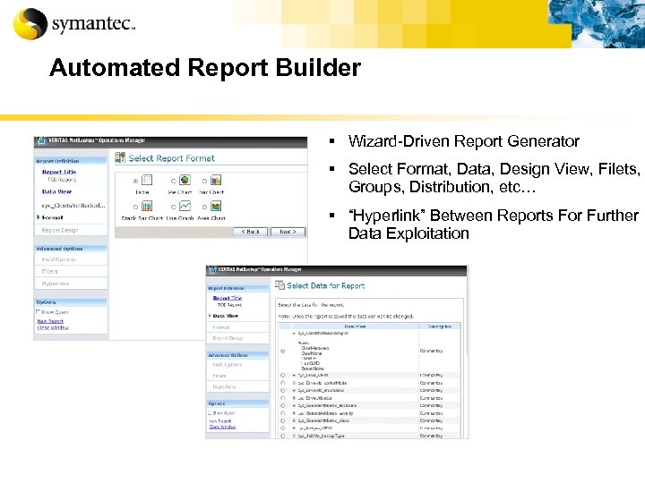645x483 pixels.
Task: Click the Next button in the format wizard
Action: (x=287, y=231)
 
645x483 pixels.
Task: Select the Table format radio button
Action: (x=135, y=180)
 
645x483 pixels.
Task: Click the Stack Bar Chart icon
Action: (x=147, y=206)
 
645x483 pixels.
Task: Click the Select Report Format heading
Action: (x=171, y=158)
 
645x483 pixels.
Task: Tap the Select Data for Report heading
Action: (x=325, y=285)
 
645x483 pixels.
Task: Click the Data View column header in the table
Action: (x=355, y=326)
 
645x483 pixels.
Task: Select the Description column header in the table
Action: (x=440, y=326)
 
